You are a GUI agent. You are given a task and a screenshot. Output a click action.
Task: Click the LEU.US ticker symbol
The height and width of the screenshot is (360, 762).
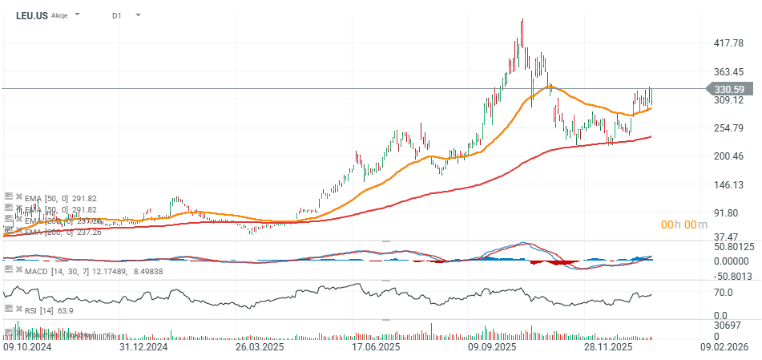tap(31, 15)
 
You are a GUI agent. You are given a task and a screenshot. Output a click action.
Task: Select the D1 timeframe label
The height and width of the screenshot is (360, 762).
tap(117, 15)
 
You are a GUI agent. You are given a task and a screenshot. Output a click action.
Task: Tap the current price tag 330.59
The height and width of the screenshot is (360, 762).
tap(729, 90)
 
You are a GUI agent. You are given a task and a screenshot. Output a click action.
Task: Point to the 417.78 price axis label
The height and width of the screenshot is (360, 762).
tap(729, 43)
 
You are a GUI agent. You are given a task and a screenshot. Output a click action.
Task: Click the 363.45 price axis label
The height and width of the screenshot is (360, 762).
tap(729, 71)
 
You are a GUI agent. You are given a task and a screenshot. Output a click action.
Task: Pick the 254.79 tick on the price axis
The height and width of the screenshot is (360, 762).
tap(729, 128)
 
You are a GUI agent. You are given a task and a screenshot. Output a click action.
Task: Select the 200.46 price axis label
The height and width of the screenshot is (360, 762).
tap(729, 156)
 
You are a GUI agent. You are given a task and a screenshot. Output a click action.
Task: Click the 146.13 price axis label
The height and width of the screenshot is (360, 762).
tap(729, 185)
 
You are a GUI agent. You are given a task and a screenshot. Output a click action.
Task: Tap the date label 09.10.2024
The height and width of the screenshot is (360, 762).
tap(28, 348)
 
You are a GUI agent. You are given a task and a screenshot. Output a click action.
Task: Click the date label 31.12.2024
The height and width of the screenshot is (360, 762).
tap(143, 348)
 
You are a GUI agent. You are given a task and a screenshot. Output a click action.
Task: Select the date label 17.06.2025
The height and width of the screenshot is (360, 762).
tap(377, 348)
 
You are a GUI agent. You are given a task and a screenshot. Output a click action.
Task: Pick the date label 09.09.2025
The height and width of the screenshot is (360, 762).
tap(492, 348)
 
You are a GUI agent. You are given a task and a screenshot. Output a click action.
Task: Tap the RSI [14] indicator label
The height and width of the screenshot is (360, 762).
tap(38, 310)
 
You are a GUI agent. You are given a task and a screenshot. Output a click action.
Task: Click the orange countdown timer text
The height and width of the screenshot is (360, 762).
tap(684, 225)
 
